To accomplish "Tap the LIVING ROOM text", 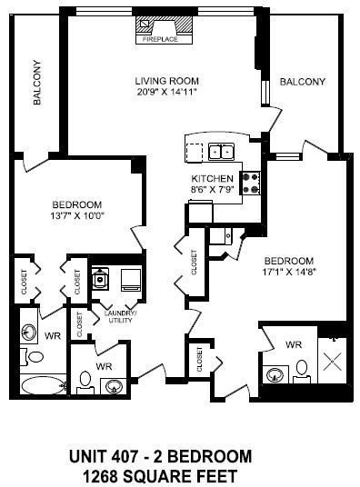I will [165, 79].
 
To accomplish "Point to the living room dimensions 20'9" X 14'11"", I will [166, 92].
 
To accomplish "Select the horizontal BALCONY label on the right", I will [302, 82].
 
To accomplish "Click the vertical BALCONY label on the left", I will [37, 84].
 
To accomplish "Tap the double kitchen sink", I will [220, 151].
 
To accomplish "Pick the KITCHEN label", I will [213, 178].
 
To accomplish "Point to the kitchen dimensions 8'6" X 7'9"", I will [213, 190].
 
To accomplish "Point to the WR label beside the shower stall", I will [293, 345].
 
